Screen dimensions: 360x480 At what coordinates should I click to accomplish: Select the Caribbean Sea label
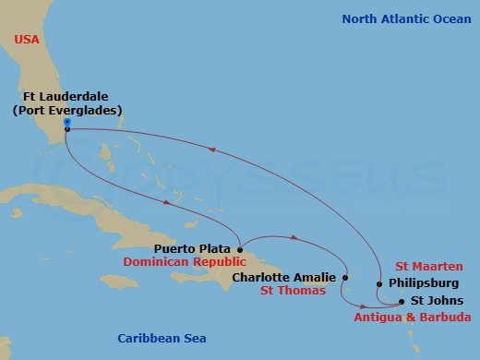[162, 339]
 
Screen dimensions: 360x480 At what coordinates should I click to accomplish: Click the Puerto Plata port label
[194, 247]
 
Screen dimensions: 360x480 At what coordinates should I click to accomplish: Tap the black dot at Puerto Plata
[240, 247]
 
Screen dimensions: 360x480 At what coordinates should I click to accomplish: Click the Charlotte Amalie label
[284, 276]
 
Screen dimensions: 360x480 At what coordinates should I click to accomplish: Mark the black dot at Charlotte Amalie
[345, 276]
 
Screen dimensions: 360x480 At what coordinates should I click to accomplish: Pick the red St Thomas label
[292, 292]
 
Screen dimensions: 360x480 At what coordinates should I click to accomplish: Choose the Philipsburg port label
[421, 283]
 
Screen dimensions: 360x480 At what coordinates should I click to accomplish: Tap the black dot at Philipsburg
[379, 283]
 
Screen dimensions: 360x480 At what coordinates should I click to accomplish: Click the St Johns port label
[432, 300]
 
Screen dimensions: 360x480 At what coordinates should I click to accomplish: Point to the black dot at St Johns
[401, 300]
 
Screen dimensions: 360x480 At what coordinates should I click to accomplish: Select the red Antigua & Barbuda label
[412, 317]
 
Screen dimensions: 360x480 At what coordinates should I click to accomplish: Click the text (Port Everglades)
[67, 111]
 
